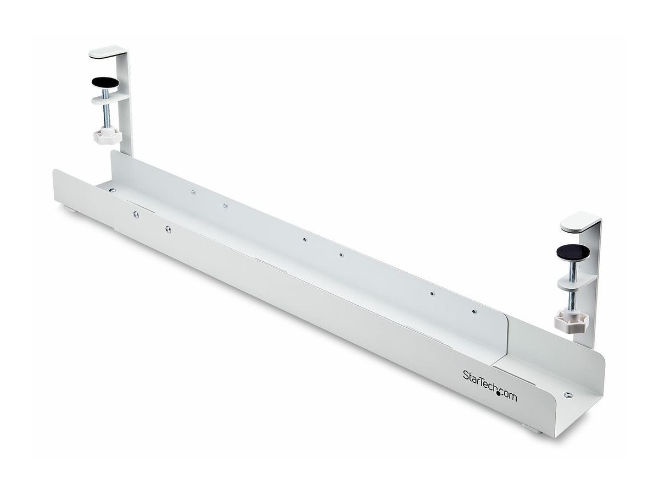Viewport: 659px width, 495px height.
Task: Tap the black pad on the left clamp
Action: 104,83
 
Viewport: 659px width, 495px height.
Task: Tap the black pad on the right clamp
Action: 573,252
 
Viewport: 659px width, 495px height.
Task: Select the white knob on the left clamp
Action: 107,136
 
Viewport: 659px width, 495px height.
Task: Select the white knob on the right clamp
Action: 571,321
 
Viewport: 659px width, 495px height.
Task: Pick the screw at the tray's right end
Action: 568,395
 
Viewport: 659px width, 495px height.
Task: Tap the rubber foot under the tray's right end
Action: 532,428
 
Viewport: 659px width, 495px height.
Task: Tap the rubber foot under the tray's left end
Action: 71,209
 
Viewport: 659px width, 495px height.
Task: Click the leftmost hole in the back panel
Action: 193,192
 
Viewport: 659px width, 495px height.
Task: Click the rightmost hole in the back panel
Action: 474,312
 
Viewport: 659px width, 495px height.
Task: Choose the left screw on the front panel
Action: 136,215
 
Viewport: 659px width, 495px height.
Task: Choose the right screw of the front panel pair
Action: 168,229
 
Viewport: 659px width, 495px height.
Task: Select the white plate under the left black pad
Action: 110,99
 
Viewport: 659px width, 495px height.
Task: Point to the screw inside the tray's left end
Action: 112,190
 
